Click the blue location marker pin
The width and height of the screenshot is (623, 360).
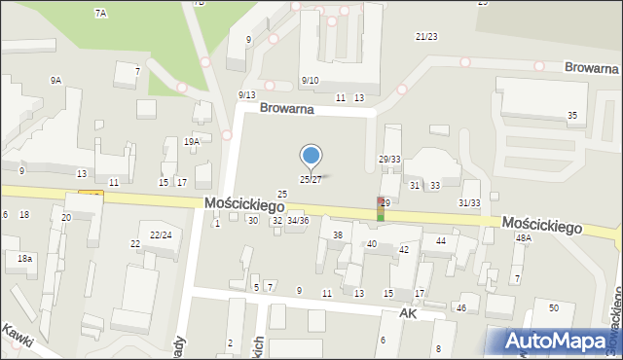(x=311, y=157)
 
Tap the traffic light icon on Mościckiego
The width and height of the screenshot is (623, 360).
(x=382, y=208)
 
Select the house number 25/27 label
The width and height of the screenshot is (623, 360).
(x=310, y=180)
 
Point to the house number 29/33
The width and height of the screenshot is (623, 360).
(x=389, y=159)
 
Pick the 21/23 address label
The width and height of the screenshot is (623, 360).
(x=426, y=36)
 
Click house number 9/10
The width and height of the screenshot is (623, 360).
(x=311, y=80)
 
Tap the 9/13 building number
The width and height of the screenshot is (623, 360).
(x=246, y=94)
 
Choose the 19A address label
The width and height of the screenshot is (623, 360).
(x=192, y=142)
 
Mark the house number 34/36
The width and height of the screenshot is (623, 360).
(x=297, y=221)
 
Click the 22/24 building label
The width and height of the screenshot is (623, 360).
(x=161, y=234)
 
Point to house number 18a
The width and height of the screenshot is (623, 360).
(x=24, y=258)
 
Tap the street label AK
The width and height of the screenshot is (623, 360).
(x=408, y=314)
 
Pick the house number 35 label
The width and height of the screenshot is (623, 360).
(x=572, y=116)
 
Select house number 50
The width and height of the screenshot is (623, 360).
(x=553, y=307)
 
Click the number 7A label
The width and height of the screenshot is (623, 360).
(x=100, y=13)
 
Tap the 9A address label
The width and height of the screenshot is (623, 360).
(x=55, y=81)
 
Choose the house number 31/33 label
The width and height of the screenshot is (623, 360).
(x=469, y=202)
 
